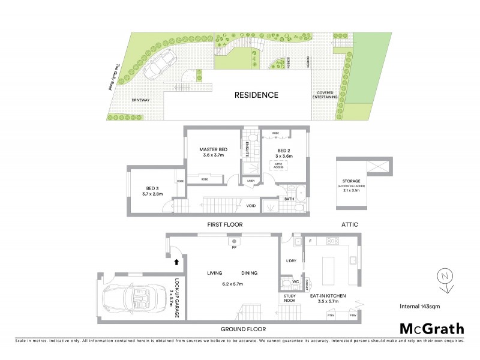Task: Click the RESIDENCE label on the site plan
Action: pyautogui.click(x=256, y=95)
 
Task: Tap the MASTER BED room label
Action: pyautogui.click(x=214, y=149)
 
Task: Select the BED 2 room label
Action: pyautogui.click(x=284, y=149)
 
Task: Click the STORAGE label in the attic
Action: pyautogui.click(x=352, y=181)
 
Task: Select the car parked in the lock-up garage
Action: pyautogui.click(x=133, y=297)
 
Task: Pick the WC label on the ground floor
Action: pyautogui.click(x=295, y=282)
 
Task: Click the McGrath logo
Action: pyautogui.click(x=431, y=328)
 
